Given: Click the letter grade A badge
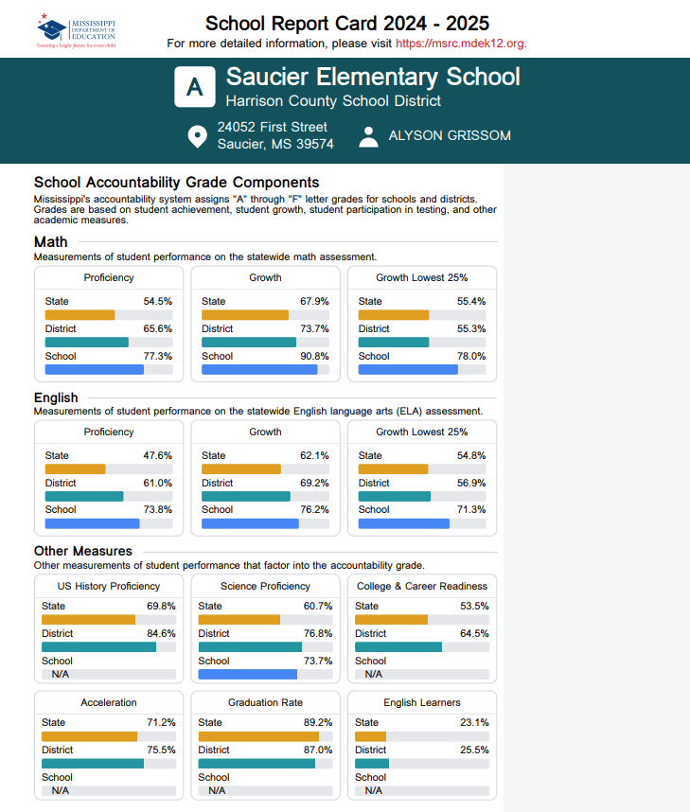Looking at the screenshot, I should tap(195, 86).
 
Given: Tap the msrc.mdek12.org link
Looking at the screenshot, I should tap(461, 44).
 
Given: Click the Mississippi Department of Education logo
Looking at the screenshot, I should tap(76, 29).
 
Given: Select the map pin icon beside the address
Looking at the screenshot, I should tap(197, 136).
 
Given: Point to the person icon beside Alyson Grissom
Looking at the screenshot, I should tap(368, 136).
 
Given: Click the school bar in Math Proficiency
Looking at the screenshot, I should tap(95, 370).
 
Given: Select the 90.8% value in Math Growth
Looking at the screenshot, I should tap(314, 357).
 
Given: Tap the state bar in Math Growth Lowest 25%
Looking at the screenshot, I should tap(394, 315).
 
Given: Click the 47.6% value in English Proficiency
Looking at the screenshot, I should tap(157, 455).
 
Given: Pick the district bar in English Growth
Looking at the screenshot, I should tap(246, 497).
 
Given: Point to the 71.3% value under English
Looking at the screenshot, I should tap(470, 510).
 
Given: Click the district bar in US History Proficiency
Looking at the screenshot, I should tap(98, 647).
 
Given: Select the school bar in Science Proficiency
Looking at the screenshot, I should tap(248, 675).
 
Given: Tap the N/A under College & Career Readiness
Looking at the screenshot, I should tap(374, 675).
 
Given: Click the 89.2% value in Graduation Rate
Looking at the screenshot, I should tap(317, 723).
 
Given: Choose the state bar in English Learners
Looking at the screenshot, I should tap(371, 736).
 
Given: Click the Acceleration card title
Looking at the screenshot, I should tap(109, 703).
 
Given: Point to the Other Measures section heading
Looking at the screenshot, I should tap(83, 551).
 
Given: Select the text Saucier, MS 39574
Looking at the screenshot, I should tap(275, 145).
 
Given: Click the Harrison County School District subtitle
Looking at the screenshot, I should tap(333, 101).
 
